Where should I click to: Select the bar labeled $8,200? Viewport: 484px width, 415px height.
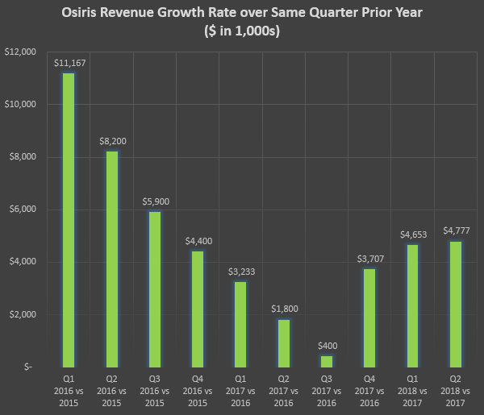pos(111,259)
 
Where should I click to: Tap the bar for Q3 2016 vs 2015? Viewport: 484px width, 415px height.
pos(154,288)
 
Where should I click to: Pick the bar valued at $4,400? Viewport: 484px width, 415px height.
pos(197,309)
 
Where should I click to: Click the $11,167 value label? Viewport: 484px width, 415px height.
pos(69,63)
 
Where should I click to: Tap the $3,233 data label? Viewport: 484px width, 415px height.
pos(240,271)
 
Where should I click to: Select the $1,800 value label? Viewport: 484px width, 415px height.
pos(282,309)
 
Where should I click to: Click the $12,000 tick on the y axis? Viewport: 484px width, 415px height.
pos(21,52)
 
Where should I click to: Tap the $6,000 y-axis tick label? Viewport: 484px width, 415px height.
pos(23,210)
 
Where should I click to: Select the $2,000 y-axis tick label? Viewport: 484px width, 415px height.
pos(23,314)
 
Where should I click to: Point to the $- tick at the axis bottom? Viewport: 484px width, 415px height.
pos(30,367)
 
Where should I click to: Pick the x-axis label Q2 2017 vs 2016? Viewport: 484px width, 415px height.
pos(282,388)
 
